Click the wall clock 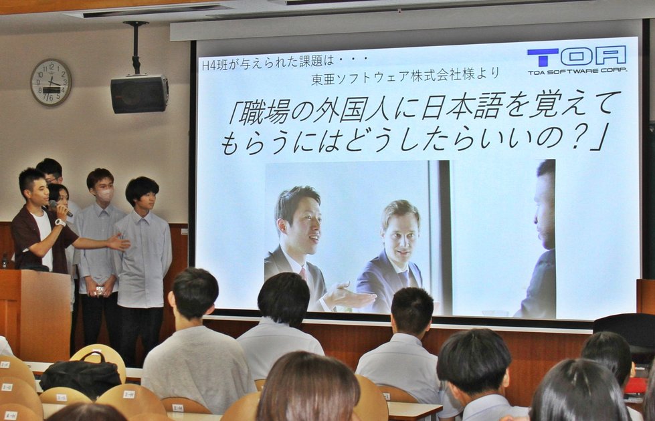pyautogui.click(x=51, y=82)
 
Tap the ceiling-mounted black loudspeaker pyautogui.click(x=139, y=94)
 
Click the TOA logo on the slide pyautogui.click(x=576, y=56)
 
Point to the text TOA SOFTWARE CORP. pyautogui.click(x=577, y=71)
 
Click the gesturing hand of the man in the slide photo pyautogui.click(x=348, y=295)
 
